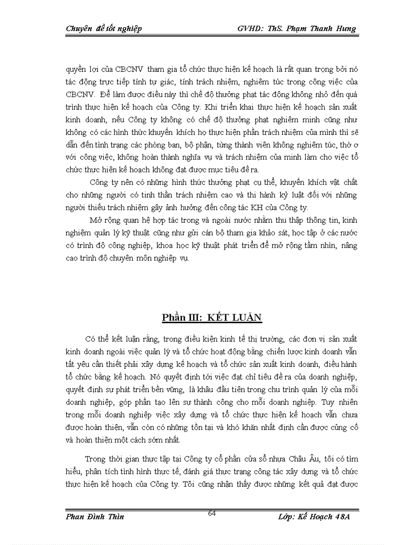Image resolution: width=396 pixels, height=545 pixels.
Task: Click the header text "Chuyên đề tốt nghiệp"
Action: point(104,29)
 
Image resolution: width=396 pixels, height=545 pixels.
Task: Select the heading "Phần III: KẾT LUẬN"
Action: point(212,318)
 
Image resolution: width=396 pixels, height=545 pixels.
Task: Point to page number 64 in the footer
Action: point(212,513)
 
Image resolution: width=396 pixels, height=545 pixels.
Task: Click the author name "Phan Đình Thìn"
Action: point(95,517)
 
